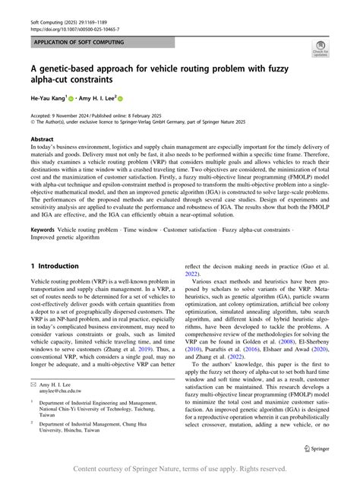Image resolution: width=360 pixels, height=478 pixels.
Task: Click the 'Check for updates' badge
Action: [x=321, y=51]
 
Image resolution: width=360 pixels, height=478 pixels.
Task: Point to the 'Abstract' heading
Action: [x=42, y=140]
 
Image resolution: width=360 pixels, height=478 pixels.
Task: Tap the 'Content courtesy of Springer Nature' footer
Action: [x=179, y=468]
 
